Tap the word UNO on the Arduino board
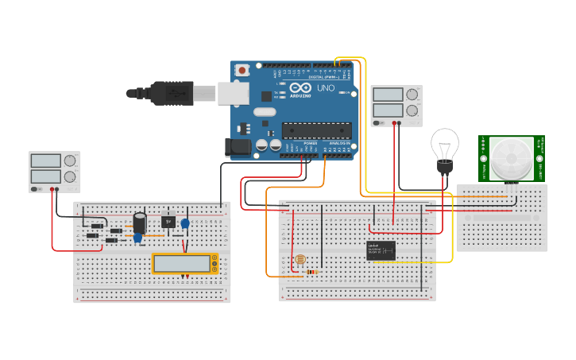point(326,88)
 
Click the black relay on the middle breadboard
point(381,250)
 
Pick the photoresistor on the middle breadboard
point(300,260)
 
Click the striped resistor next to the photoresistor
point(311,272)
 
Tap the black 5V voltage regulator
point(168,222)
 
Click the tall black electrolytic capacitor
point(140,222)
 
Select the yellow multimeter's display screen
point(181,263)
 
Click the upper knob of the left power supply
point(70,161)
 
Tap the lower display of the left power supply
point(46,176)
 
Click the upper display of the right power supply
point(389,95)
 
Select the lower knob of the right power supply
point(412,110)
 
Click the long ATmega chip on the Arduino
point(316,130)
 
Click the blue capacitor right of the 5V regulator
point(185,224)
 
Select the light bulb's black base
point(445,168)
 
